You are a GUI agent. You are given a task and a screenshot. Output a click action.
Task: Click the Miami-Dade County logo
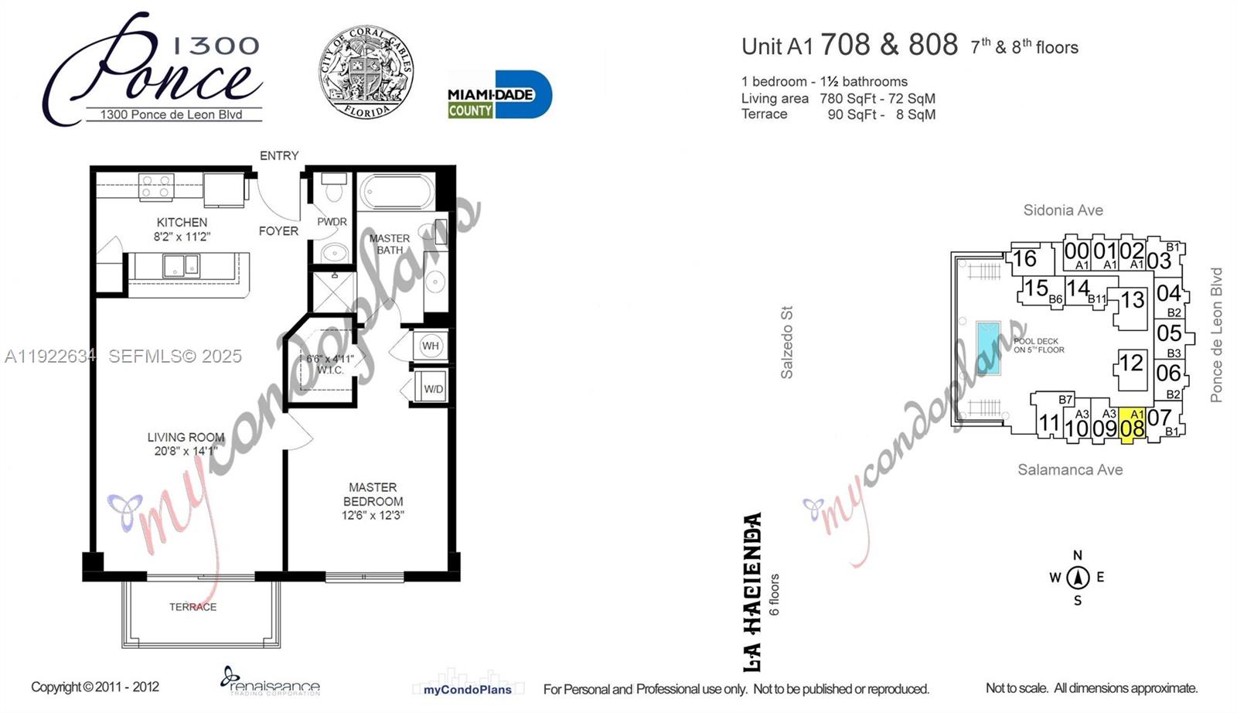point(499,94)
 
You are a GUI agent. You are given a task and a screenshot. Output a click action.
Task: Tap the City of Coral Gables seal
point(366,73)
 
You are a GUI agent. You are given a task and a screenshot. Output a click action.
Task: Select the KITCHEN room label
point(182,223)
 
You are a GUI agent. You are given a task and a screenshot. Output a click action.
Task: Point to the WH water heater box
point(431,346)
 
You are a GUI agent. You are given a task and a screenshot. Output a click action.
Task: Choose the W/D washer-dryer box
point(433,388)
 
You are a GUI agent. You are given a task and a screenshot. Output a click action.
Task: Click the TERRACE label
point(193,607)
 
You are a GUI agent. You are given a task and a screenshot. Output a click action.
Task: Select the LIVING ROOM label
point(186,438)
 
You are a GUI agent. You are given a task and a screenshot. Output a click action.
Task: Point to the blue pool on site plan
point(988,347)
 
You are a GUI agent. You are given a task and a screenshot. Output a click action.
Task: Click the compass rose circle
point(1078,578)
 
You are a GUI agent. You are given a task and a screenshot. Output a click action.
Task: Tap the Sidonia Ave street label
point(1063,210)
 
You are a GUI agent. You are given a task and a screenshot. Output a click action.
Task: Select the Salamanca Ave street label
point(1070,469)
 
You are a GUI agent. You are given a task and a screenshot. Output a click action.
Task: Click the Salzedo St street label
point(787,343)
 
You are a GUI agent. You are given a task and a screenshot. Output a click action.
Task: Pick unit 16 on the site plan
point(1025,259)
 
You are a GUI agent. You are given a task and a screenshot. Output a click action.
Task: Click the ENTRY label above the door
point(279,155)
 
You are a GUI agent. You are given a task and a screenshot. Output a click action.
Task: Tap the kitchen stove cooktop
point(155,186)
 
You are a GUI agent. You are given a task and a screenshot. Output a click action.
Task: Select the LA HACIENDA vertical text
point(752,592)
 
